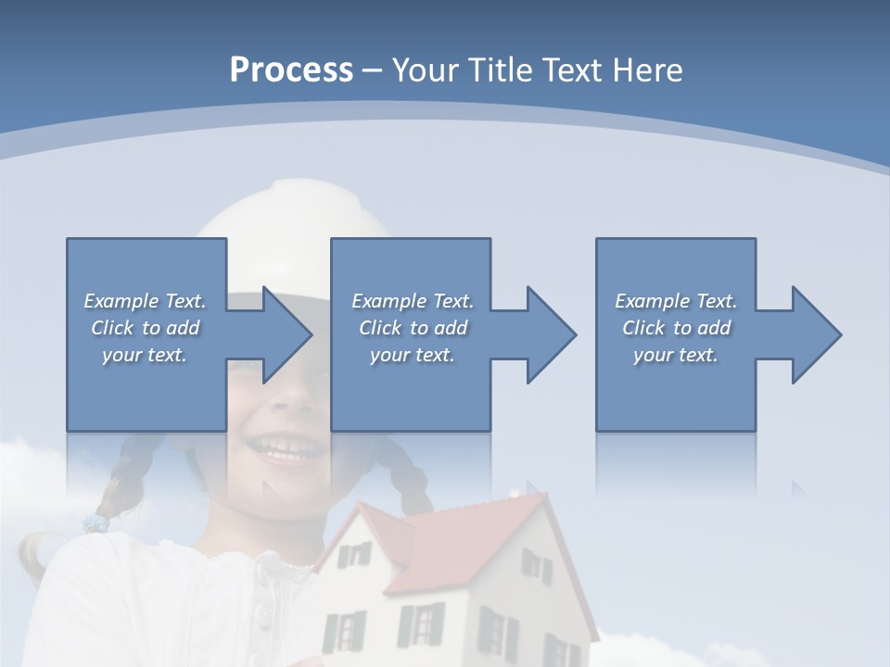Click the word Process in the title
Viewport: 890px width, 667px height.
pyautogui.click(x=291, y=69)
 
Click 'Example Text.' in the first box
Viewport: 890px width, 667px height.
pyautogui.click(x=145, y=301)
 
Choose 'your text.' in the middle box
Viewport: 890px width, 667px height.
pyautogui.click(x=412, y=355)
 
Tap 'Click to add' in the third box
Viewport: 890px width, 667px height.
pyautogui.click(x=676, y=328)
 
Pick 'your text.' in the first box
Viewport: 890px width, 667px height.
pyautogui.click(x=145, y=355)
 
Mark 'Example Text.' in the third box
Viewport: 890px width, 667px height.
pyautogui.click(x=676, y=301)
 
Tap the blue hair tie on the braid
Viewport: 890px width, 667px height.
pyautogui.click(x=95, y=523)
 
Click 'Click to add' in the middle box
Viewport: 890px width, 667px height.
pyautogui.click(x=412, y=328)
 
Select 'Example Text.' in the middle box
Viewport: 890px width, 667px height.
pyautogui.click(x=412, y=301)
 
